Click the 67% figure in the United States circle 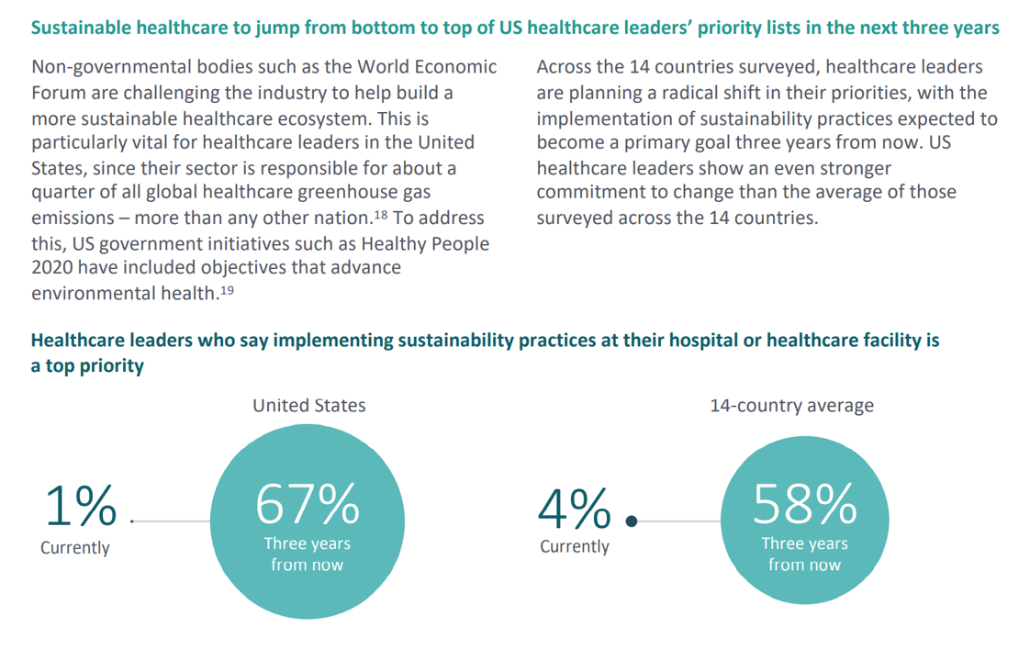(x=308, y=503)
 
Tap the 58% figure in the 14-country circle (x=805, y=503)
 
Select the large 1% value (x=81, y=505)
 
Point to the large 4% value (x=576, y=507)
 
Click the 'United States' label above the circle (x=309, y=405)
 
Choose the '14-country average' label (x=791, y=405)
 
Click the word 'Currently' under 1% (x=74, y=548)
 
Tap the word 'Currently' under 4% (x=574, y=547)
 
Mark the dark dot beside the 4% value (x=631, y=521)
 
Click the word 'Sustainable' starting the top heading (x=78, y=28)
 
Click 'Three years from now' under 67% (x=308, y=555)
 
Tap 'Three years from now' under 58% (x=804, y=555)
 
